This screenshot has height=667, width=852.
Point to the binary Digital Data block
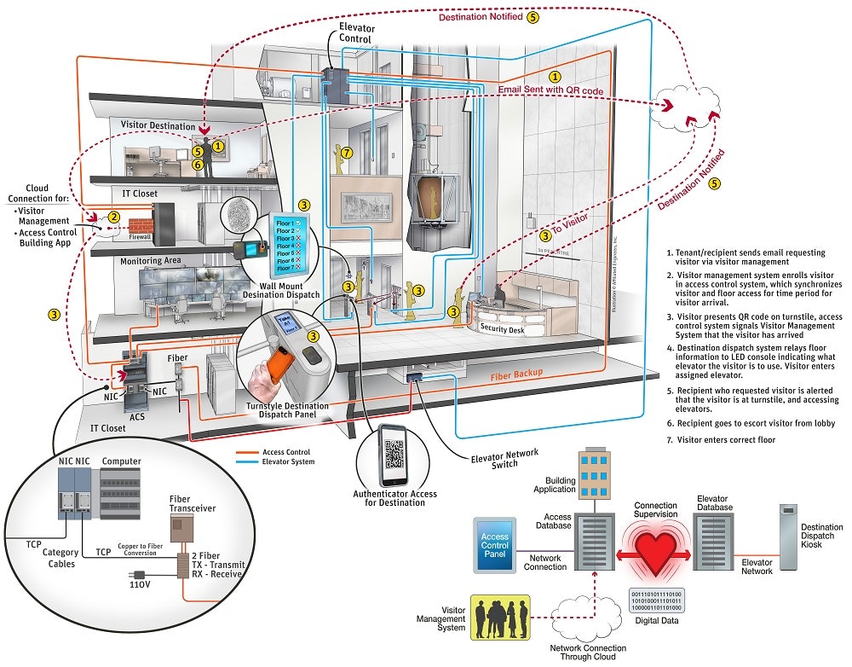tap(656, 600)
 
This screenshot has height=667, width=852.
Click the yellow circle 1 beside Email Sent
tap(556, 77)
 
